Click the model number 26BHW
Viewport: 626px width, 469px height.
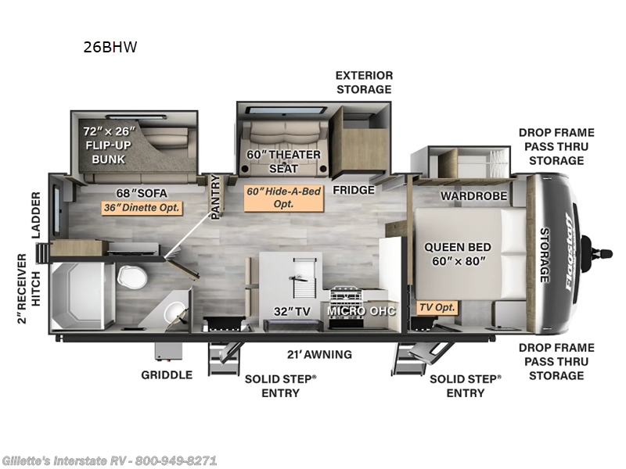tap(110, 47)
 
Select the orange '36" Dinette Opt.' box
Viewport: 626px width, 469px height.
tap(142, 208)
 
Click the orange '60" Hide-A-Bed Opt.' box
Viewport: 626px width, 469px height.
tap(284, 197)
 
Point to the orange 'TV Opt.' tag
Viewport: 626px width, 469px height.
tap(436, 307)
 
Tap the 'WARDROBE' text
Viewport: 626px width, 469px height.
tap(473, 195)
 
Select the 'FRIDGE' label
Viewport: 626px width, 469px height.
tap(354, 190)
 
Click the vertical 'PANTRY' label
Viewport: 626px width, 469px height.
tap(216, 195)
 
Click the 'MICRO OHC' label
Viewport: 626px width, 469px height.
tap(362, 310)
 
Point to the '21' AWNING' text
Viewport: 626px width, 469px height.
tap(318, 354)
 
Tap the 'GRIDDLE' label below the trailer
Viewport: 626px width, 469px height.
tap(166, 374)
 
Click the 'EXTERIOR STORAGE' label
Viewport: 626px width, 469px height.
tap(364, 82)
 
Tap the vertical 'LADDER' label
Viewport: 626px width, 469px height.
tap(36, 214)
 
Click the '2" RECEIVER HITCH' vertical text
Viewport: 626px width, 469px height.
tap(28, 288)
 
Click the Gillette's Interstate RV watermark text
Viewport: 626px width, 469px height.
tap(110, 460)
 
